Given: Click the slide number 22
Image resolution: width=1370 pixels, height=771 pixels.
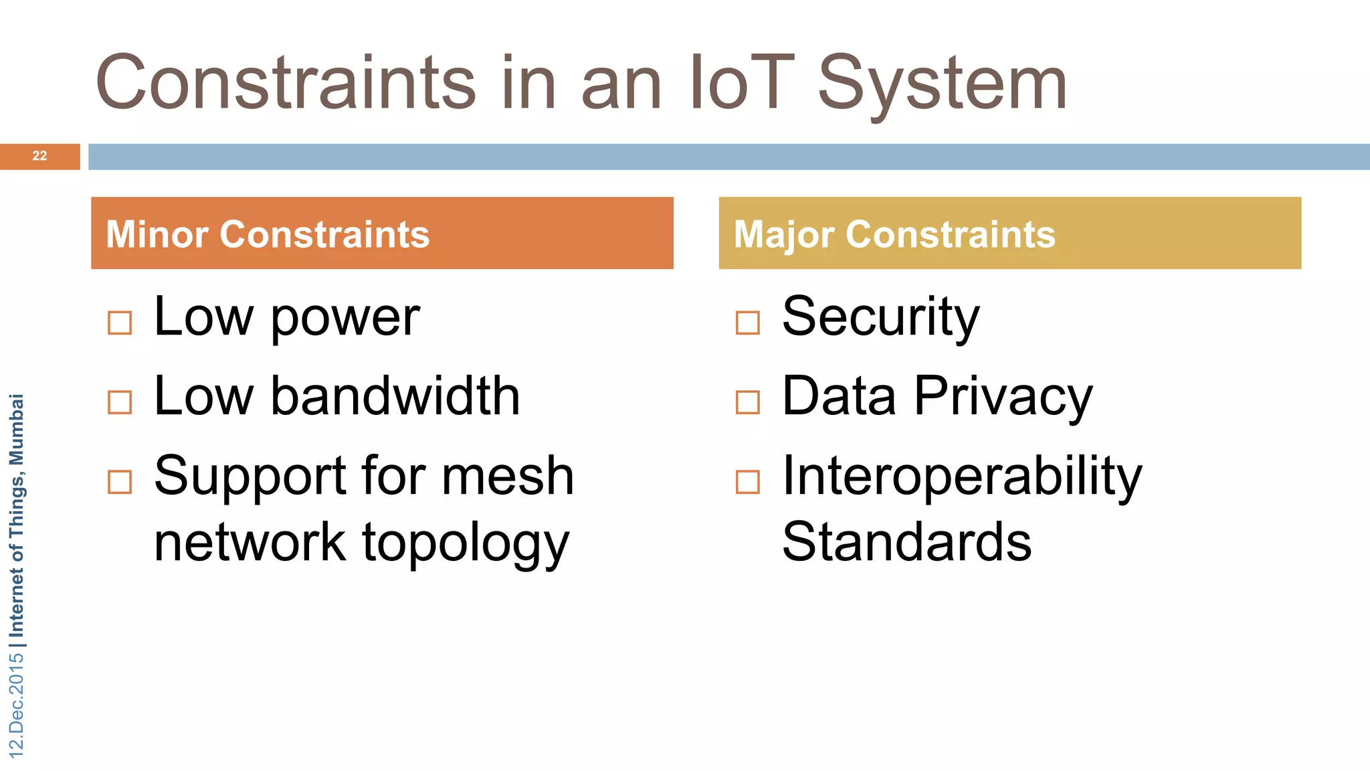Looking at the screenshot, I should [39, 156].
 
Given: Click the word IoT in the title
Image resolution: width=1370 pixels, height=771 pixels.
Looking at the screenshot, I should [741, 83].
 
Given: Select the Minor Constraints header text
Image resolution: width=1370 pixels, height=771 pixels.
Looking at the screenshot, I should [268, 234].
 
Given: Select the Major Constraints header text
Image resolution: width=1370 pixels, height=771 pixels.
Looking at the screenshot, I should [894, 234].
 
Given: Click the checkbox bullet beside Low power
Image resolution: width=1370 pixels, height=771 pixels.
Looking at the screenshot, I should [120, 323].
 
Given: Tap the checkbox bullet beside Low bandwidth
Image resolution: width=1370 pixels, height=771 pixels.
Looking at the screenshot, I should [120, 402].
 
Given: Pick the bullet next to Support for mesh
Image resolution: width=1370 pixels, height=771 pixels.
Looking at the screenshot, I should [120, 482].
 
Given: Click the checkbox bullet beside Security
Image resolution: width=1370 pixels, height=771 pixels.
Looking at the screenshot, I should [747, 323].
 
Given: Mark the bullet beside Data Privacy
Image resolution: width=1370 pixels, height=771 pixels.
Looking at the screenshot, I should [747, 402].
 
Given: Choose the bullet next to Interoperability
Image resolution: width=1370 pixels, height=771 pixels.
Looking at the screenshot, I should [747, 482].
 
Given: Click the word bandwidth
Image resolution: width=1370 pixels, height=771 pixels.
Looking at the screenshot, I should [395, 396].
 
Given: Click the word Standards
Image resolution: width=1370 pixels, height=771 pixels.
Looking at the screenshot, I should [906, 542].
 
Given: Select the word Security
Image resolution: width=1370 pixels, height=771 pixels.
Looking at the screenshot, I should [880, 317].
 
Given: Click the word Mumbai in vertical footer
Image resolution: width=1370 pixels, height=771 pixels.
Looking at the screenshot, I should [17, 429].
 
